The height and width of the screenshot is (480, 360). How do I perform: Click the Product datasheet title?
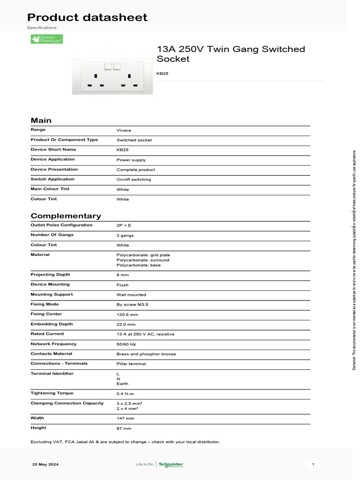click(x=87, y=18)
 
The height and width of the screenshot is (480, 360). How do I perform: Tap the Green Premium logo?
click(x=46, y=39)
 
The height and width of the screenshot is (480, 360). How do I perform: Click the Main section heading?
click(x=41, y=120)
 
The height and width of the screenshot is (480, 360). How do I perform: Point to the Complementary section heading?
click(x=66, y=216)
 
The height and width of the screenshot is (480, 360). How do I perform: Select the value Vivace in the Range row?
click(x=124, y=130)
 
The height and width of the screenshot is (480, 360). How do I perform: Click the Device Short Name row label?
click(x=53, y=150)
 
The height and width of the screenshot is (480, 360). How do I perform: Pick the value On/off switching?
click(x=134, y=180)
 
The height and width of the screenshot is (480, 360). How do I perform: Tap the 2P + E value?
click(x=124, y=225)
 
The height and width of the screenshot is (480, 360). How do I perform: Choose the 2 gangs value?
click(x=125, y=235)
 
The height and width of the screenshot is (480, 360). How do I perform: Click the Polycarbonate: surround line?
click(x=142, y=260)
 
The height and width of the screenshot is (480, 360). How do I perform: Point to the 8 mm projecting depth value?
click(x=122, y=275)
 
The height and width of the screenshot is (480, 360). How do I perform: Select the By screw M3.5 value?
click(x=132, y=305)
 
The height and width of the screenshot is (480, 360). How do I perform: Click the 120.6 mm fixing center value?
click(x=127, y=315)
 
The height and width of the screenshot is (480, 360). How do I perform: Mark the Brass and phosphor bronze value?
click(x=146, y=354)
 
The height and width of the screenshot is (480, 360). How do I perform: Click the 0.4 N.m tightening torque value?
click(x=125, y=394)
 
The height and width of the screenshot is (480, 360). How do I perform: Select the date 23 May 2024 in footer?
click(x=45, y=465)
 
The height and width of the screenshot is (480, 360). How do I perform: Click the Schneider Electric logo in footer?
click(x=171, y=465)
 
